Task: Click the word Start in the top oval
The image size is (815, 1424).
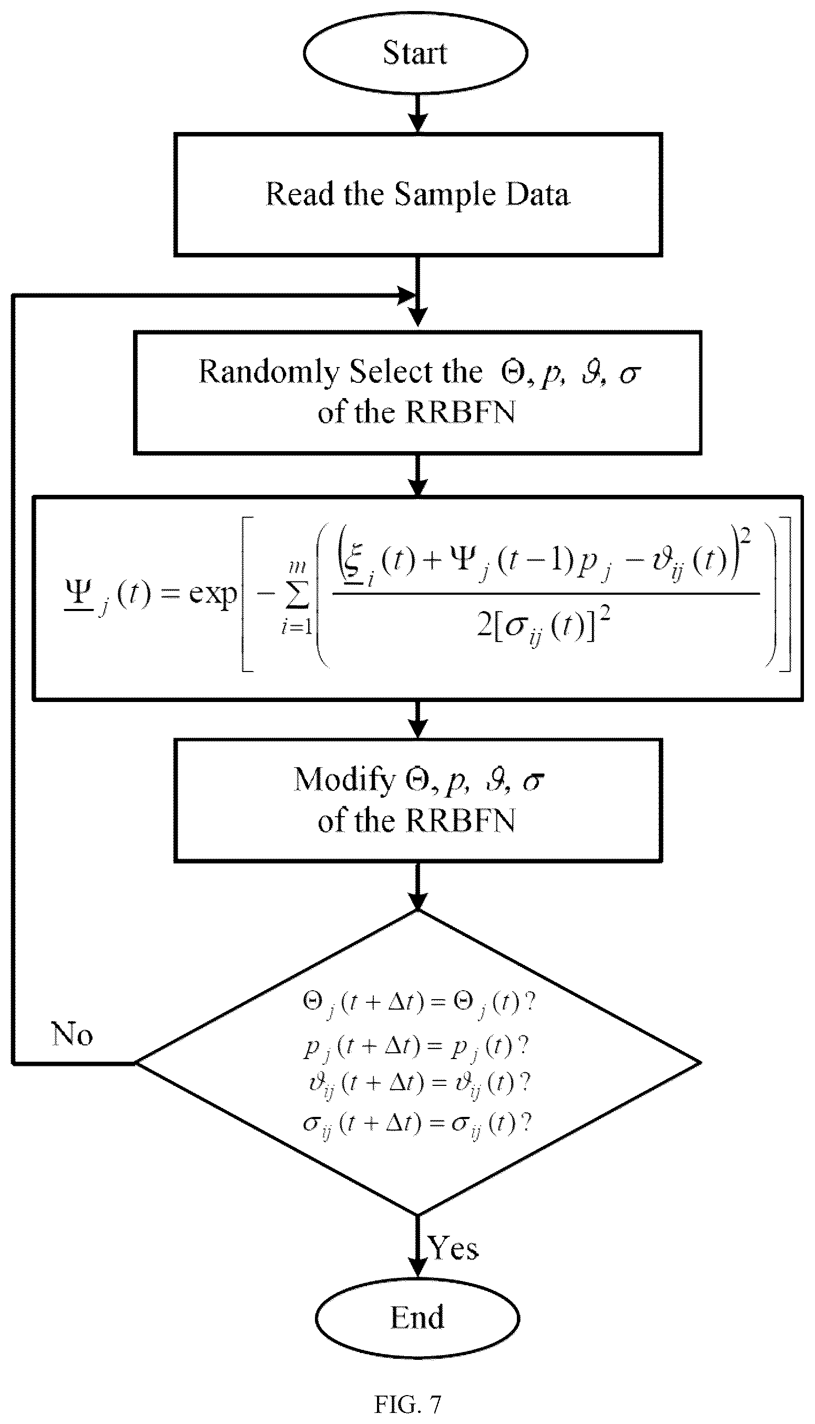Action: pyautogui.click(x=415, y=53)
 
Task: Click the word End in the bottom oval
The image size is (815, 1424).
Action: pyautogui.click(x=417, y=1317)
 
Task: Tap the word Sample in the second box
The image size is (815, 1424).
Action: pyautogui.click(x=445, y=195)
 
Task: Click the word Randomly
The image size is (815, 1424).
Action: pyautogui.click(x=269, y=373)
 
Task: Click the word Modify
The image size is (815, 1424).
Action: pyautogui.click(x=344, y=780)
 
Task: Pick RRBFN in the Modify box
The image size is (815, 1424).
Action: pyautogui.click(x=460, y=821)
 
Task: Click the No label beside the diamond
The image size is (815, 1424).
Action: pyautogui.click(x=72, y=1034)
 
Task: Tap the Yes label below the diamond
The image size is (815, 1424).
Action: pyautogui.click(x=453, y=1248)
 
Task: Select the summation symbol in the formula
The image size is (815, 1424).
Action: pyautogui.click(x=297, y=596)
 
